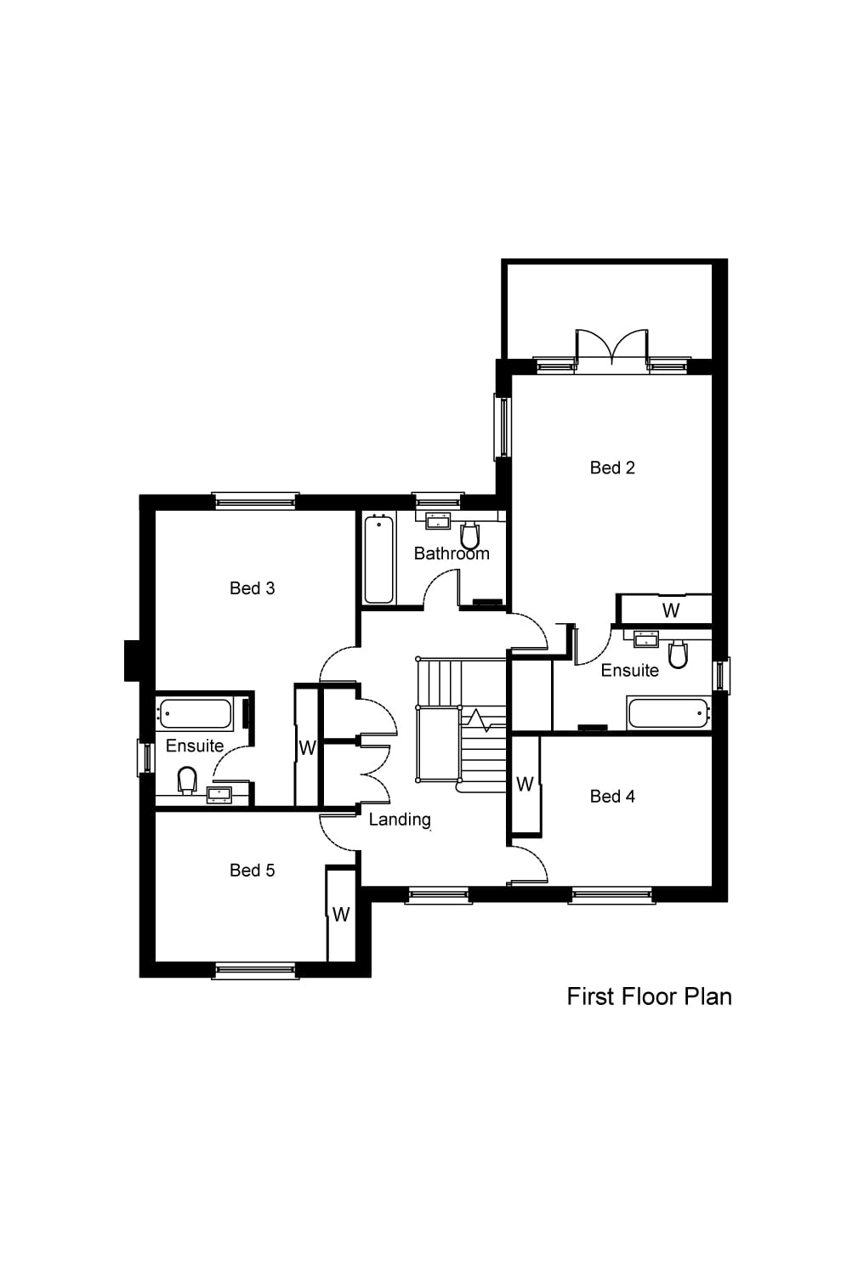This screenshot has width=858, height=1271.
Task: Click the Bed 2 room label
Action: point(611,468)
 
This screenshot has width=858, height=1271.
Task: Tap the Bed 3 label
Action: point(252,588)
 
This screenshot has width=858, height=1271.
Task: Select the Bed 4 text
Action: point(611,797)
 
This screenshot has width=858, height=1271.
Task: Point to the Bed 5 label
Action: point(252,871)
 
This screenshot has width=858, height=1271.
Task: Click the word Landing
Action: point(399,820)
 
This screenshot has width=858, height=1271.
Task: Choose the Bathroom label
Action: point(451,553)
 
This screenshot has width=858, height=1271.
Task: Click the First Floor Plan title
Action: point(649,996)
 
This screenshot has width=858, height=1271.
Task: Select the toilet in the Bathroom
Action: point(469,536)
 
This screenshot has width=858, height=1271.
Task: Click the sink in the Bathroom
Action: point(439,520)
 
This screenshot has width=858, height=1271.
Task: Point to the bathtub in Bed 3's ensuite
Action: point(195,713)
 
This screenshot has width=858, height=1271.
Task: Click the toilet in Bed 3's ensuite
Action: point(187,779)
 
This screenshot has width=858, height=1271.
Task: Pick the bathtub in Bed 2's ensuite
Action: point(668,712)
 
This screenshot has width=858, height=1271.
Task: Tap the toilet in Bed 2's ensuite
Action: point(678,655)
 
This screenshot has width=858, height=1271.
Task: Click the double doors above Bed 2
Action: point(611,350)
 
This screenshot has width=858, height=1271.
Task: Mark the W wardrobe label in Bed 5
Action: point(341,915)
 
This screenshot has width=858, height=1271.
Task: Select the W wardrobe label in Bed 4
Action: point(525,784)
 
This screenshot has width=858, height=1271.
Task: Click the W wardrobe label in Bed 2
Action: point(670,610)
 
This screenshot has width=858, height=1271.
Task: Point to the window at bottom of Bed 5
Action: point(255,970)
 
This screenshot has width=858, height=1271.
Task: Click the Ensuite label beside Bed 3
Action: point(194,746)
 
